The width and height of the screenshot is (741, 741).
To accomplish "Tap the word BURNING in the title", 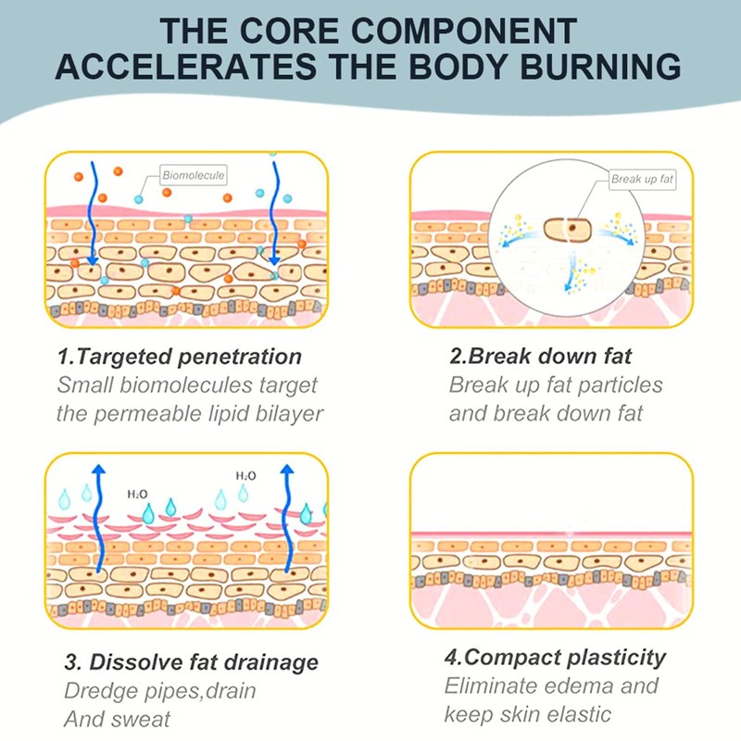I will click(x=594, y=68).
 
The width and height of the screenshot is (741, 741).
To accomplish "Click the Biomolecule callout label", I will click(x=194, y=174).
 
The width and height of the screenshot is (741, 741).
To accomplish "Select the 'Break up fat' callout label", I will click(x=642, y=179).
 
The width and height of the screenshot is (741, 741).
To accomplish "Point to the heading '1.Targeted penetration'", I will click(x=180, y=357).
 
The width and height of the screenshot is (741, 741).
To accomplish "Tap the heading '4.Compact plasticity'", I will click(x=555, y=658).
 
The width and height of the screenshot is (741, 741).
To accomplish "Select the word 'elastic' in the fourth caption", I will click(x=578, y=714).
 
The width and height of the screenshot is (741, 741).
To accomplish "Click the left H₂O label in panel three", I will click(x=138, y=494).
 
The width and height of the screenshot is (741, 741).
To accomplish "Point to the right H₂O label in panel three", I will click(x=245, y=475).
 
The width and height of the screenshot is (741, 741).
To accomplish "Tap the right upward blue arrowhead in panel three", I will click(x=288, y=470).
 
